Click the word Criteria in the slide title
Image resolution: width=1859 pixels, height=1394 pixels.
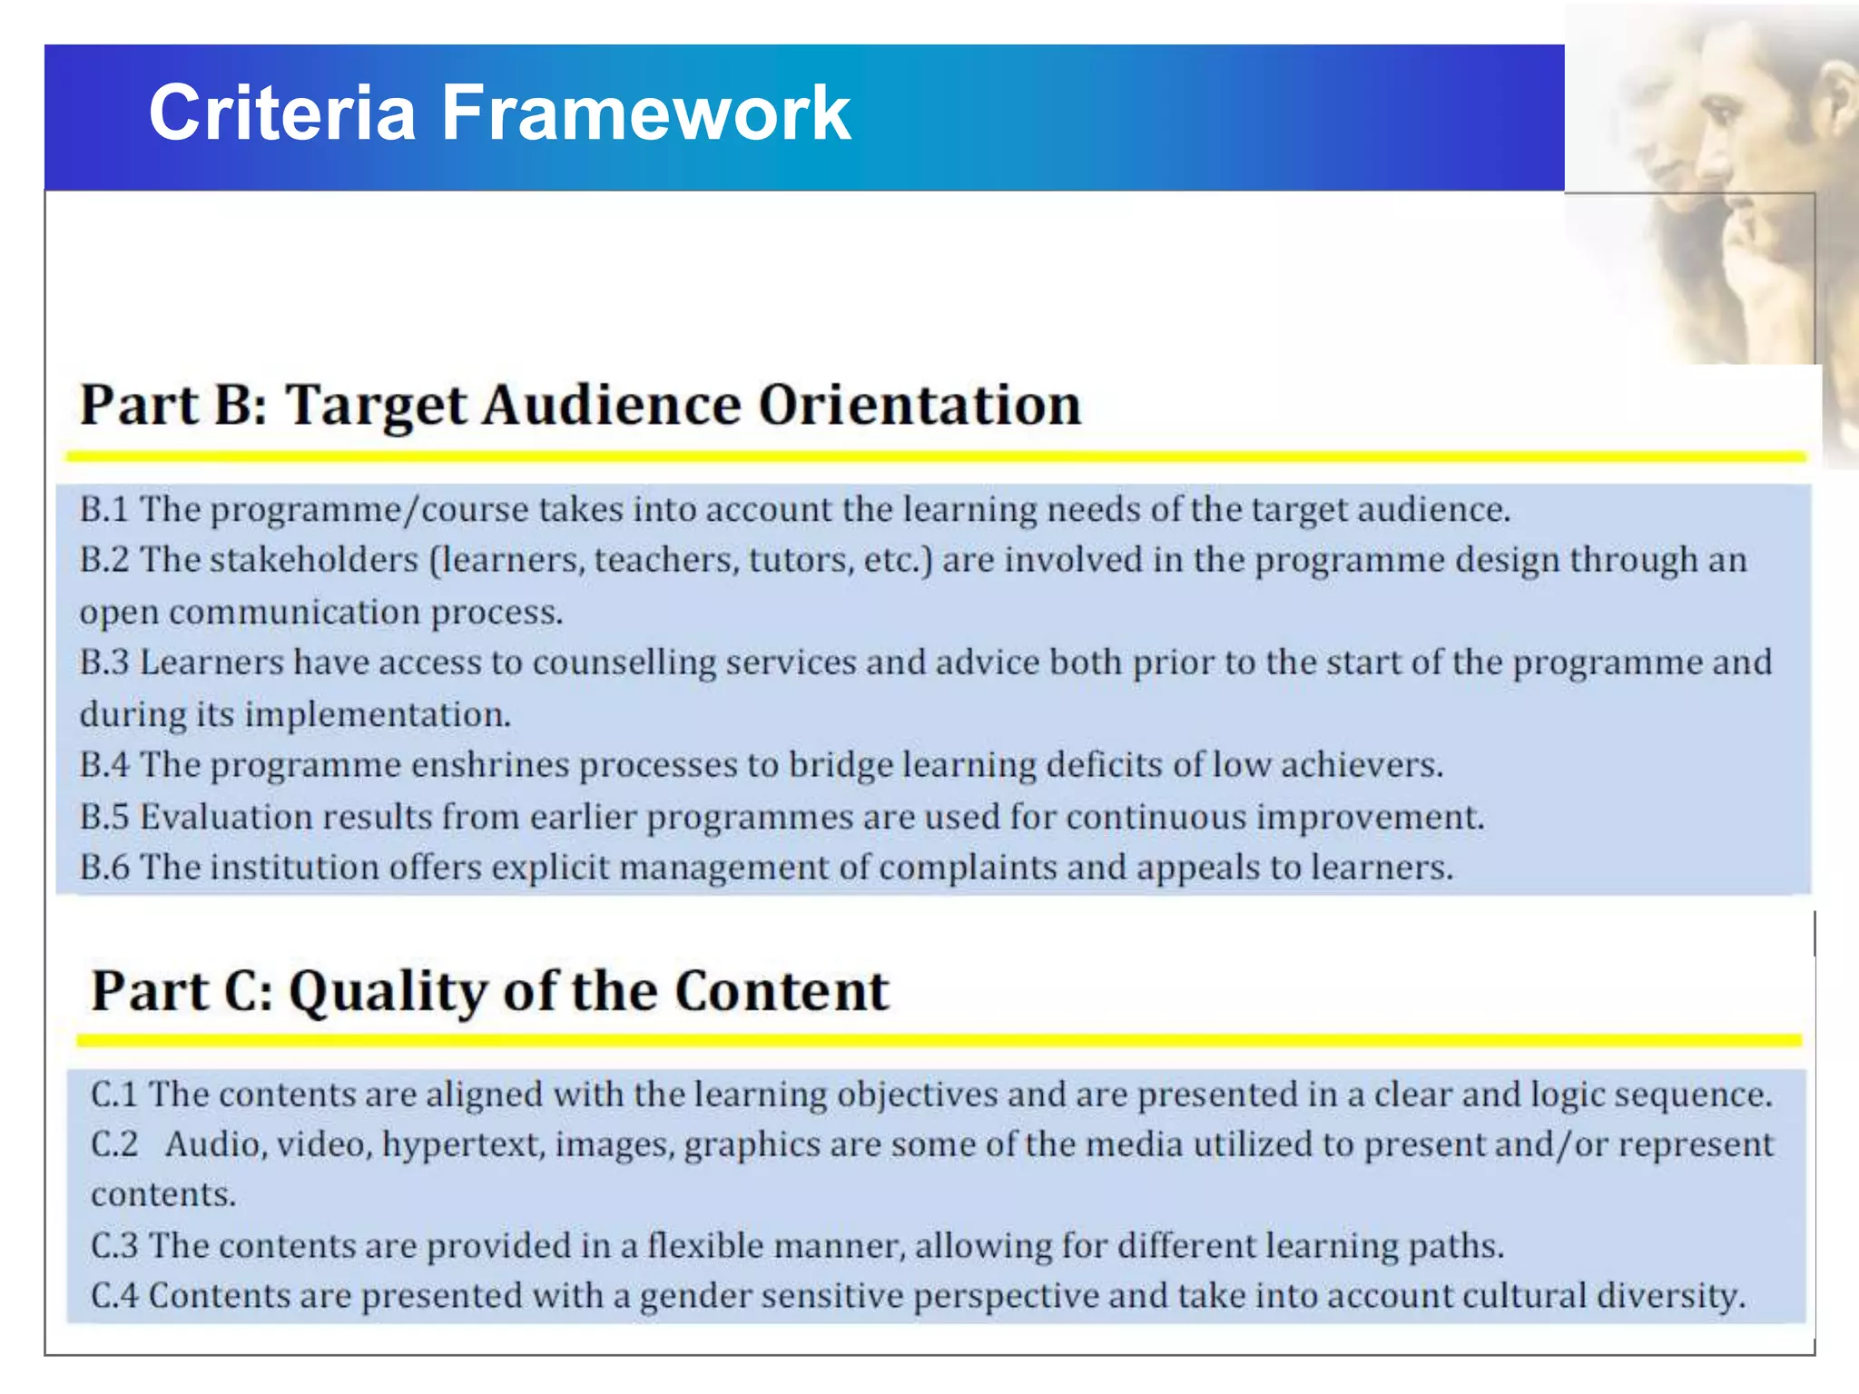[281, 113]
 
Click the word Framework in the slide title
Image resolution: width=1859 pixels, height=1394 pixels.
[645, 113]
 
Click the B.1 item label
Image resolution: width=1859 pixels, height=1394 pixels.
[103, 509]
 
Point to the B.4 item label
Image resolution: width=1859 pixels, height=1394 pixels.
[103, 765]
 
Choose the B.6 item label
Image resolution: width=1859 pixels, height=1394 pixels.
[103, 868]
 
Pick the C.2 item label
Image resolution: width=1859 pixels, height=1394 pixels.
[114, 1144]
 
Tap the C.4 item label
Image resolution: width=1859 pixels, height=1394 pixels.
[114, 1296]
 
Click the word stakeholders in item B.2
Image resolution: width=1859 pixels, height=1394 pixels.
[314, 560]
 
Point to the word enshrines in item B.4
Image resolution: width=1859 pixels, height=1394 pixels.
[490, 765]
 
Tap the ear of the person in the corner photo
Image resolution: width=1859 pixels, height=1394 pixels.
[1838, 104]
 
